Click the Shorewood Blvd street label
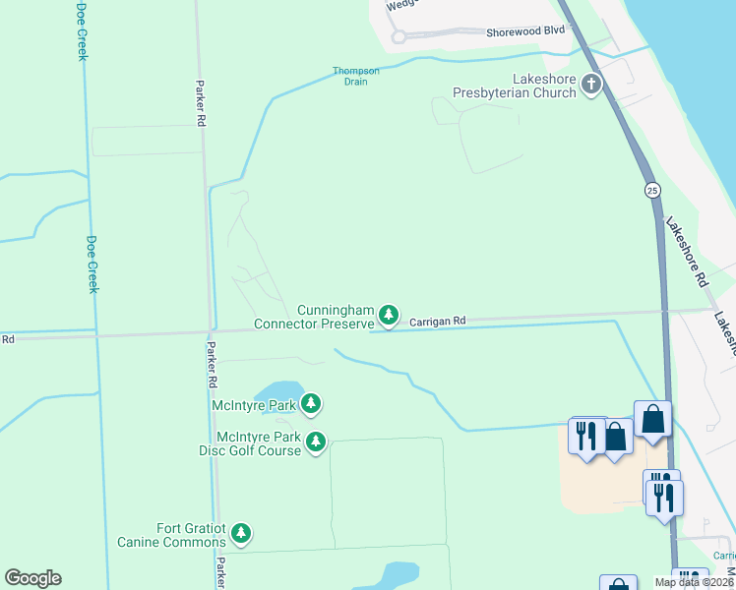[524, 31]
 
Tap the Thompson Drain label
[355, 76]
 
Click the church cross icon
[590, 85]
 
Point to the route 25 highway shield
[652, 188]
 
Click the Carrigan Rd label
[437, 321]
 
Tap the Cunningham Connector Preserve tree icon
[390, 316]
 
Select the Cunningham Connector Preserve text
[314, 317]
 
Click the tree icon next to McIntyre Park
[311, 403]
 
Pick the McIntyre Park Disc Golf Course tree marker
[315, 442]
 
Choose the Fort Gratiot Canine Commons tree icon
[241, 535]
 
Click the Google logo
[32, 578]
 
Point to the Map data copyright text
[694, 582]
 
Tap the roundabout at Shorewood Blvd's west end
[399, 37]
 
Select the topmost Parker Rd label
[200, 102]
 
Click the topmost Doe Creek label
[82, 30]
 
